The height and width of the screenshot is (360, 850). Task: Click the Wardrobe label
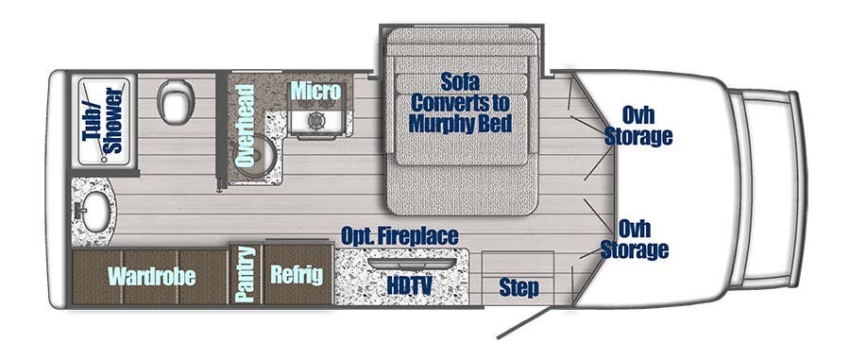point(151,276)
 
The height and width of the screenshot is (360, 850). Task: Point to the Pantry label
point(246,274)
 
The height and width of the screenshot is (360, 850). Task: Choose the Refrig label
point(297,275)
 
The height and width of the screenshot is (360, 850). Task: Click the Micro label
point(315,92)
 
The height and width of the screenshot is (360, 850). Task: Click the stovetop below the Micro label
point(315,121)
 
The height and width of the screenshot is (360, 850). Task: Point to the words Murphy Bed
point(461,124)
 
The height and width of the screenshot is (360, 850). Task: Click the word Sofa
point(461,81)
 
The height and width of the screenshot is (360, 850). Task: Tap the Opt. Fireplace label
point(399,235)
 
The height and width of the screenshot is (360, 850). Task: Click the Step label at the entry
point(519,287)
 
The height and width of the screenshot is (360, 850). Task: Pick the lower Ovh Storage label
point(644,238)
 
